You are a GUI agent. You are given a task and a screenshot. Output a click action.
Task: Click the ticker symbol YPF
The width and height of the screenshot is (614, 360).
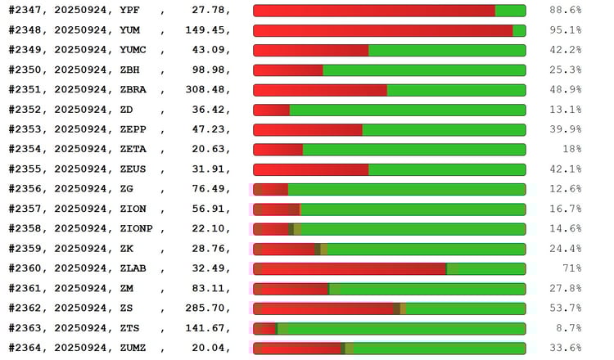pos(129,11)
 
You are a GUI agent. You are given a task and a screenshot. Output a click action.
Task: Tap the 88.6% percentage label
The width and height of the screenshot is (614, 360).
pos(565,11)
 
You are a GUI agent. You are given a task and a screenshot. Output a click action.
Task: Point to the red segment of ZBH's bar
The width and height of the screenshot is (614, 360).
pos(288,70)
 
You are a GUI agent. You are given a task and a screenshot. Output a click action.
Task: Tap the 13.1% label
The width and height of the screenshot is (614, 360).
pos(565,110)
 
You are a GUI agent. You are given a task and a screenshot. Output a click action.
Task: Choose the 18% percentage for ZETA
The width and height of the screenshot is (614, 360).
pos(570,149)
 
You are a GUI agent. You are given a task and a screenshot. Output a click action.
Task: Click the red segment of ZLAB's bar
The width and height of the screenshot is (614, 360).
pos(352,268)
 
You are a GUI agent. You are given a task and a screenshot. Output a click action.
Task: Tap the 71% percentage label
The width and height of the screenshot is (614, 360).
pos(570,268)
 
